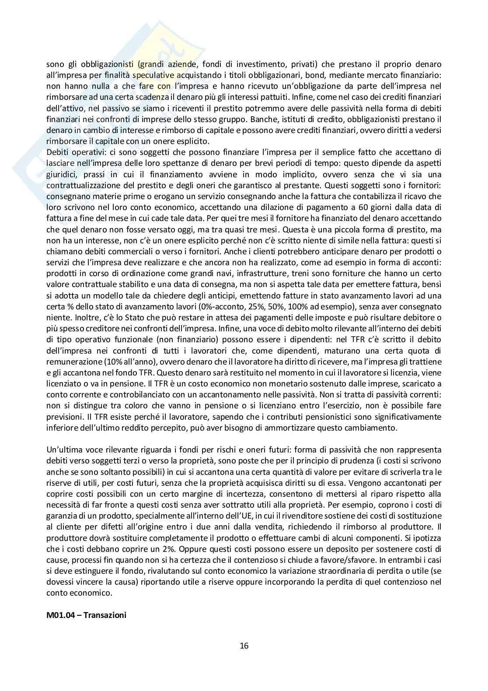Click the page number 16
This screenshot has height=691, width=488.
(x=244, y=645)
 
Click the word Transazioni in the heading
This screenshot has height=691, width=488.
(x=105, y=615)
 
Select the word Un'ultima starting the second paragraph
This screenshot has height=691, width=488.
(x=63, y=449)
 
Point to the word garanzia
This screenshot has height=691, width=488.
(x=62, y=516)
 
